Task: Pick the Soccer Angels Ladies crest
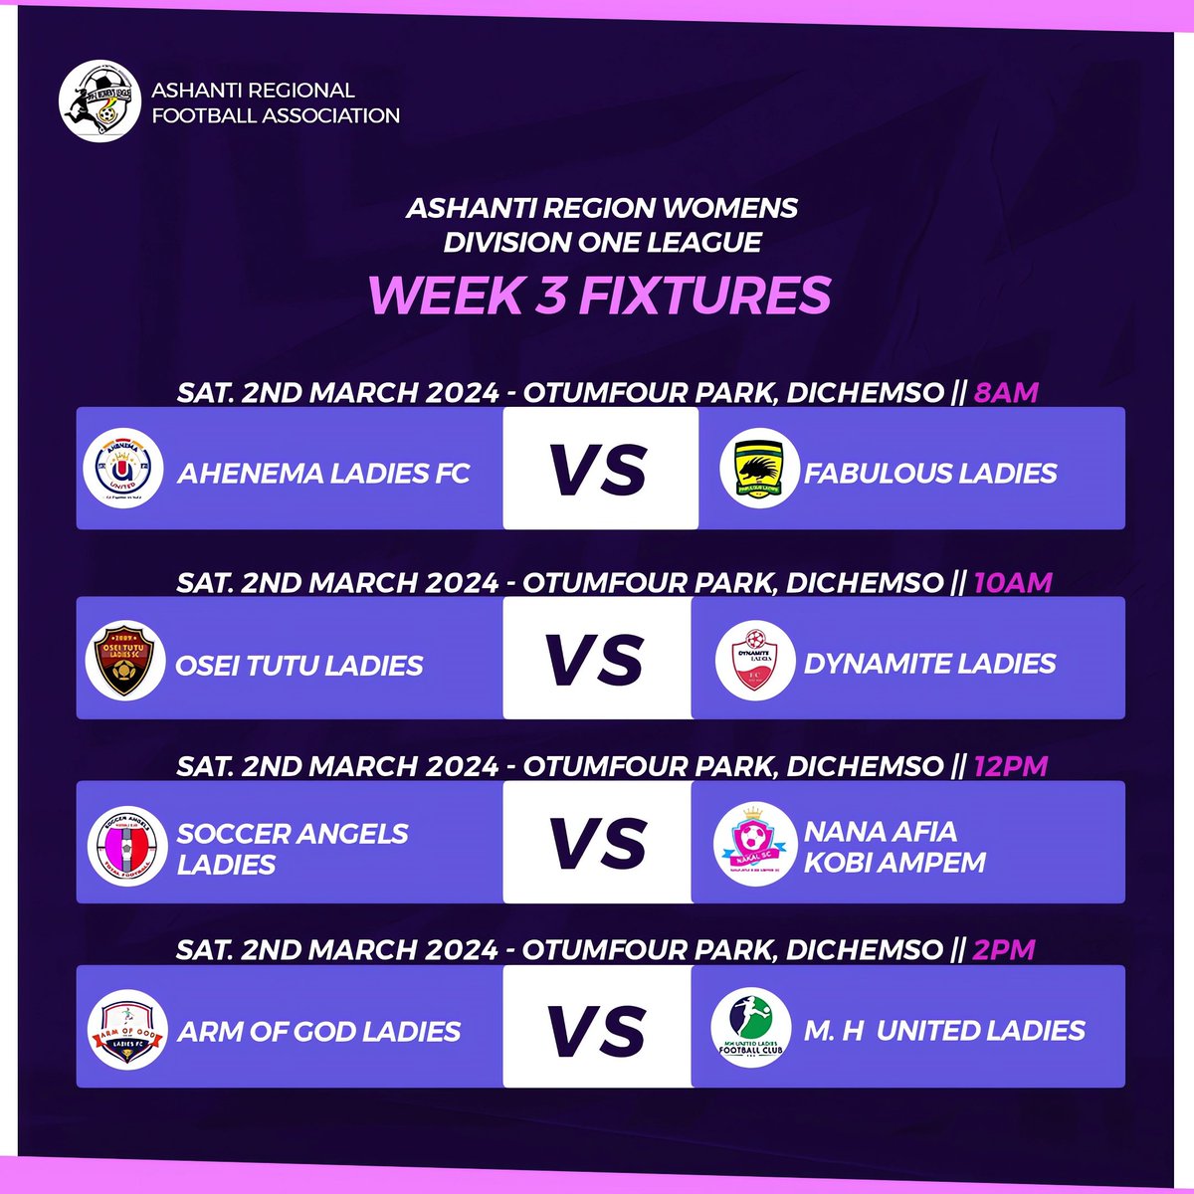click(x=124, y=847)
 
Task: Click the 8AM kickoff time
click(x=1005, y=392)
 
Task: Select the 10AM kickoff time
click(x=1012, y=582)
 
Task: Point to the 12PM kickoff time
click(x=1011, y=766)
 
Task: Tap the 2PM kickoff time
click(x=1004, y=950)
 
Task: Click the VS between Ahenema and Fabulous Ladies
click(x=599, y=470)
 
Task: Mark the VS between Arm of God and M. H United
click(x=597, y=1030)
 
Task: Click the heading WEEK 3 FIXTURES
click(x=599, y=294)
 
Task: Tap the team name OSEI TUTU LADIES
click(x=299, y=665)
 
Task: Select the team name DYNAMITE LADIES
click(x=929, y=664)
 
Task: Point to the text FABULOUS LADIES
click(x=930, y=473)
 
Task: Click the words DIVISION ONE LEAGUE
click(x=603, y=242)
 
